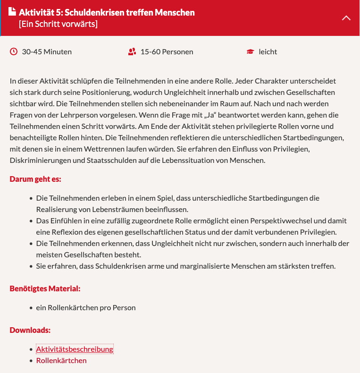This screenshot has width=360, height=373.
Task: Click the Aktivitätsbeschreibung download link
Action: point(75,349)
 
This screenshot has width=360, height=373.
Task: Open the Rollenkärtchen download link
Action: point(61,361)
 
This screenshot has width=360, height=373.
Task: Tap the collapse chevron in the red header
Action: point(346,18)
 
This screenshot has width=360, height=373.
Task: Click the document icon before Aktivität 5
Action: point(12,12)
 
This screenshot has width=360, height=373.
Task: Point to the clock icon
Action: point(14,51)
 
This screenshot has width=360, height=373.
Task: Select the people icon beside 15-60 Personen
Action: point(132,51)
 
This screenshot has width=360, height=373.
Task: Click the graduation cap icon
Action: point(251,51)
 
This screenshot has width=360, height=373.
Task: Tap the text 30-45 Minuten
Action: point(47,51)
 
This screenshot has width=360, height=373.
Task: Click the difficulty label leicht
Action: point(268,51)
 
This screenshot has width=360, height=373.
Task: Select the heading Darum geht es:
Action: point(35,179)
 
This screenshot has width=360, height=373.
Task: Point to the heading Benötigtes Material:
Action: point(45,289)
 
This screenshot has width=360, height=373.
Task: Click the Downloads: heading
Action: point(30,331)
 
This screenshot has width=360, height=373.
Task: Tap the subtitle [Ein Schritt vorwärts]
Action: point(58,24)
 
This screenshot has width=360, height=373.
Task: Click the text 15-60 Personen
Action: point(167,51)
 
